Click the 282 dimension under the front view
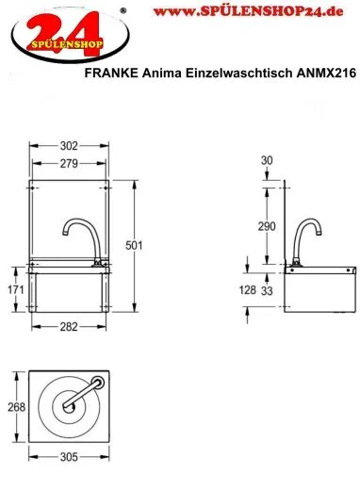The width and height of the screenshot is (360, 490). (67, 327)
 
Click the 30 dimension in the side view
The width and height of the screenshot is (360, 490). (267, 161)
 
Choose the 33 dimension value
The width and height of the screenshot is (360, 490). (270, 291)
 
